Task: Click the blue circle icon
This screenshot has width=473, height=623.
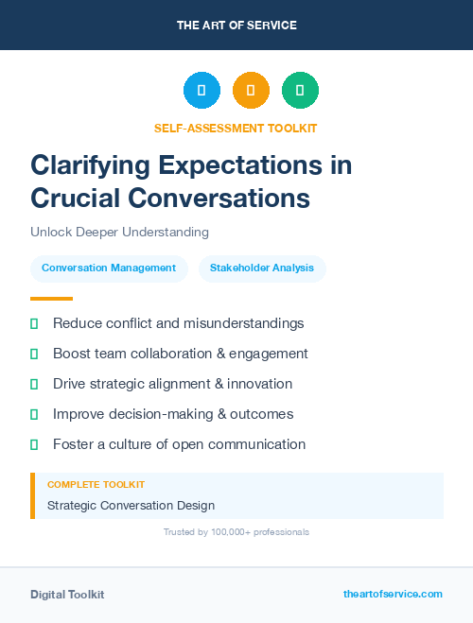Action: tap(201, 91)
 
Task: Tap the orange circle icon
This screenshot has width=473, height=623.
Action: tap(251, 91)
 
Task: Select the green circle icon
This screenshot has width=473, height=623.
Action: tap(300, 91)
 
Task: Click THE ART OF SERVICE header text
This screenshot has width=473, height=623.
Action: tap(236, 26)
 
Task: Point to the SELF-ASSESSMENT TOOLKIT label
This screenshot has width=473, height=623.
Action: tap(236, 128)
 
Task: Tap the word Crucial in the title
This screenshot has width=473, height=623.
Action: tap(75, 198)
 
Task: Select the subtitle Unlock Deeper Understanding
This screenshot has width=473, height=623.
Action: tap(119, 232)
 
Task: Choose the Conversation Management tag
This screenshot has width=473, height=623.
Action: tap(109, 268)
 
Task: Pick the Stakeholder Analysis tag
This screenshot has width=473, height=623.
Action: tap(262, 268)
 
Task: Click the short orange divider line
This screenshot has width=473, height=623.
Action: tap(51, 299)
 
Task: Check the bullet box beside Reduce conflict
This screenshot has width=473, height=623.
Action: tap(34, 323)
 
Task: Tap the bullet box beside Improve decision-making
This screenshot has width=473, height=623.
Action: tap(34, 414)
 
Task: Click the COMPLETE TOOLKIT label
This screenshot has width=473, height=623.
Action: tap(96, 484)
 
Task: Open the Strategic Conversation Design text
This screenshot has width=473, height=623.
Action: tap(131, 506)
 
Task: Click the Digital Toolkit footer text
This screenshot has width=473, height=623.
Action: tap(67, 595)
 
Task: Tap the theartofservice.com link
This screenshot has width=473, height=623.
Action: tap(393, 595)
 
